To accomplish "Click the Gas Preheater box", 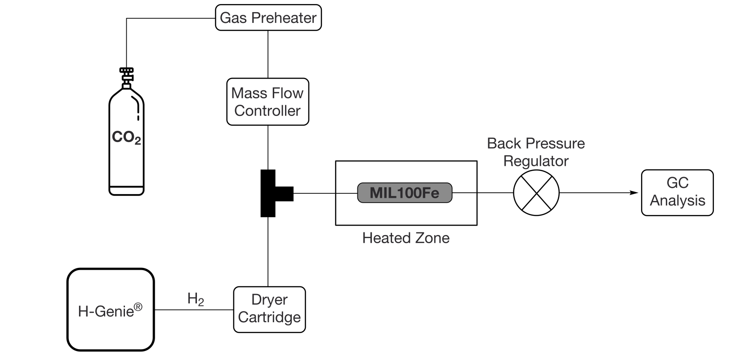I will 268,18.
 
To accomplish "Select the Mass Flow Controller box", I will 268,102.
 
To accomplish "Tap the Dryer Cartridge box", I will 269,309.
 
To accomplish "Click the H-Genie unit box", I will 111,310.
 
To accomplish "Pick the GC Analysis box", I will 677,192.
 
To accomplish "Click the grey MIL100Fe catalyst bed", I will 405,193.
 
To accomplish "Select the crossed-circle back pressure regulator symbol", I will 536,193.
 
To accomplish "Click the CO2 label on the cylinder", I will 126,138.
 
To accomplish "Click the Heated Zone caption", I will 406,238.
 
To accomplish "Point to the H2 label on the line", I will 196,299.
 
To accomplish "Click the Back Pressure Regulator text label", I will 536,152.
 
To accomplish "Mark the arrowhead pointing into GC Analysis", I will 634,193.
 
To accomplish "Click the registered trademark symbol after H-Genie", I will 138,307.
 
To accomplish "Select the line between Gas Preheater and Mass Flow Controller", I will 268,54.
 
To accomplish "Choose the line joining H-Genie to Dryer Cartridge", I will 194,310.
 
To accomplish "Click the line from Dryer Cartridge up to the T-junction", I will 268,252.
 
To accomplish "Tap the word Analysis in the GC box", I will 677,200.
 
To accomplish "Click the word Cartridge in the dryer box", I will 269,317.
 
